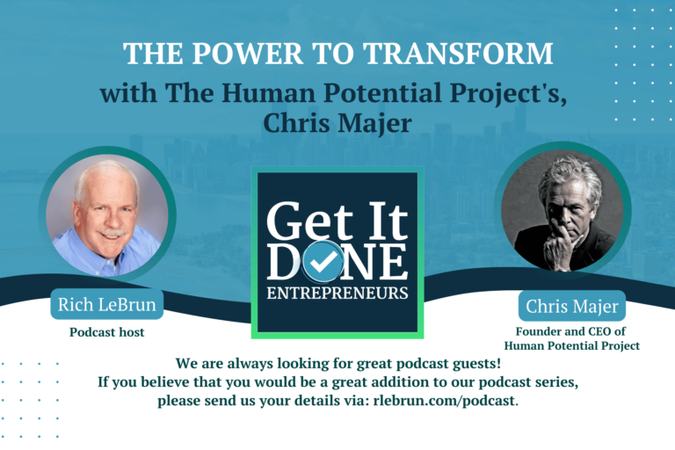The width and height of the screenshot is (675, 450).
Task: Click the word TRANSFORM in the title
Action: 468,54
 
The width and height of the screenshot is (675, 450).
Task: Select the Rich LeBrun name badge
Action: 106,305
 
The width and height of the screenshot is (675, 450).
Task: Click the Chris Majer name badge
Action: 572,307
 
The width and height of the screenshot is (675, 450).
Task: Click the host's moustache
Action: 107,235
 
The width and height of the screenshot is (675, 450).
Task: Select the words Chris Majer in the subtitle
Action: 337,124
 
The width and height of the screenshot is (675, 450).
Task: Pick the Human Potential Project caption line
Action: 572,345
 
